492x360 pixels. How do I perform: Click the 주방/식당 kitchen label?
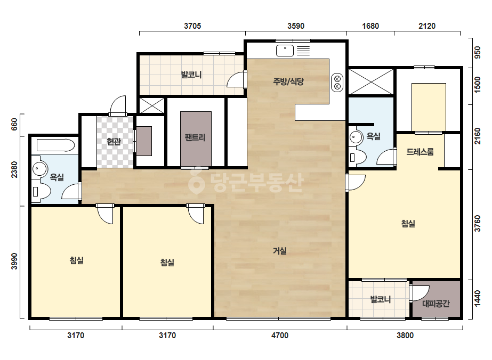288,82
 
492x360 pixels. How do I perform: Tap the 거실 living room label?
279,251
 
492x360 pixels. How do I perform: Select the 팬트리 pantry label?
195,137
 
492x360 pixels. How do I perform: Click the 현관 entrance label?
114,142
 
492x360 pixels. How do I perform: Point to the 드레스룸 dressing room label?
420,152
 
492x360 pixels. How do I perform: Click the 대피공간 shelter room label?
436,303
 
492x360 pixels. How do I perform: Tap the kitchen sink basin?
285,51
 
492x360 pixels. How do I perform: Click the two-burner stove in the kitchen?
337,83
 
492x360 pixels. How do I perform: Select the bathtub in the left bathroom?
56,145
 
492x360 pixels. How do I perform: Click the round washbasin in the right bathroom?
356,137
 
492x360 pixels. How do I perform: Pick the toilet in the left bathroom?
41,191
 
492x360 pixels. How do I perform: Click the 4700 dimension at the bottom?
280,336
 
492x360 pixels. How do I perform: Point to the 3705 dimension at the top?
192,26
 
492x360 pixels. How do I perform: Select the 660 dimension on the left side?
14,125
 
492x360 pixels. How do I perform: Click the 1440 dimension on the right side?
477,299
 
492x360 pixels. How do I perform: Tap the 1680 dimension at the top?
370,26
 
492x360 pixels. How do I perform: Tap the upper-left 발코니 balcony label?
191,75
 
